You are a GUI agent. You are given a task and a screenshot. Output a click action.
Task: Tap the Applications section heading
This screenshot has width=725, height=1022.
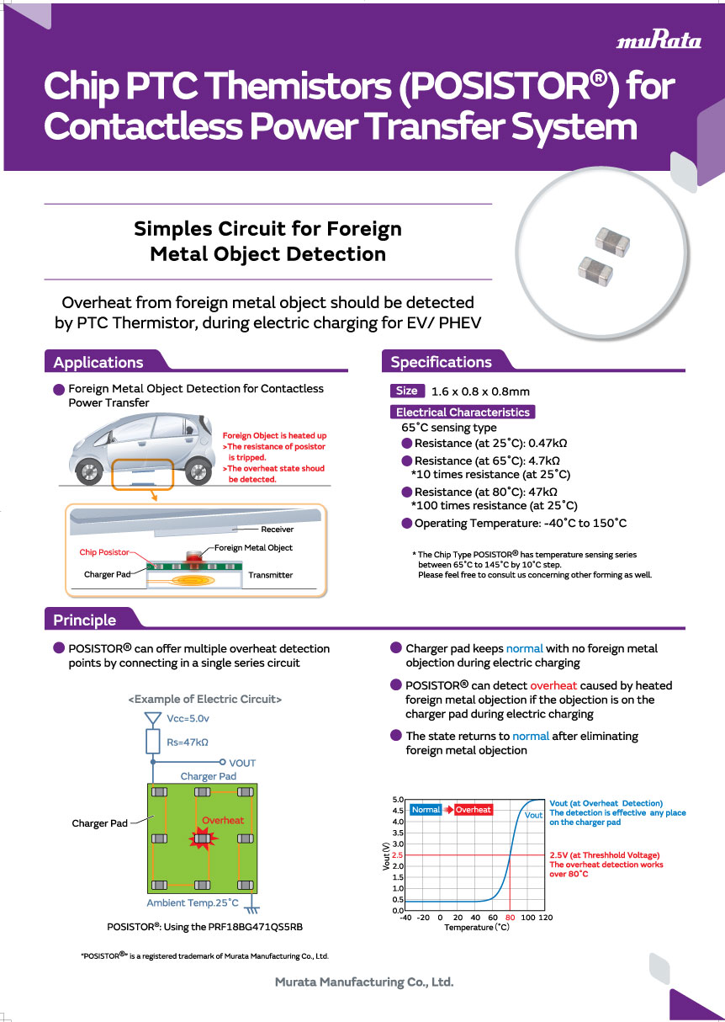point(98,362)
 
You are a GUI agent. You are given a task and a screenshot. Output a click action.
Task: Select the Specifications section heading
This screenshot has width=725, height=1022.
point(441,362)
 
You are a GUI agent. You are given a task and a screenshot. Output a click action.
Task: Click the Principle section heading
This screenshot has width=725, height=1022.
point(84,620)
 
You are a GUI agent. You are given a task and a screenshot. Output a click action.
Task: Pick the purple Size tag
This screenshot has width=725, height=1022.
point(407,391)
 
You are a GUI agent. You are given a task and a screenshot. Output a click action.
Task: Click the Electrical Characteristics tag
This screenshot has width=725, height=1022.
point(463,412)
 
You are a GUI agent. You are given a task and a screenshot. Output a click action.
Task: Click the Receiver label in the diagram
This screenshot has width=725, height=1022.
point(277,530)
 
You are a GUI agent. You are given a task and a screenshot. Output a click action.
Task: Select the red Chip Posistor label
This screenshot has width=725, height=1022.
point(104,552)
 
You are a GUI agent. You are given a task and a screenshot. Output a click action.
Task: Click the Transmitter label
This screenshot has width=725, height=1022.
point(270,575)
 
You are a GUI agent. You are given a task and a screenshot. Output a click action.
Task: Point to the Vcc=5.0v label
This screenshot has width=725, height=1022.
point(188,719)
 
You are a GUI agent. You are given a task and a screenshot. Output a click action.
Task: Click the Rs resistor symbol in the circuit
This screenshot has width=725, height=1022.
point(153,742)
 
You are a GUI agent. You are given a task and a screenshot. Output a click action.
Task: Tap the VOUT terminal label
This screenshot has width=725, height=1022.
point(242,764)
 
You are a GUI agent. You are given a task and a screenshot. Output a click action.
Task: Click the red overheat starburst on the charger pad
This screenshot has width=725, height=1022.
point(203,838)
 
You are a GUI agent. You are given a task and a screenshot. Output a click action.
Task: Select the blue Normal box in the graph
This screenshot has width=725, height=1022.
point(426,809)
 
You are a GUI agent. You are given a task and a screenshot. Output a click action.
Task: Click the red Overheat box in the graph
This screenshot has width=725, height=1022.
point(473,809)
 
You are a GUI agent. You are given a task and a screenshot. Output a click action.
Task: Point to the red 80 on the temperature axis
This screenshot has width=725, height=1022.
point(510,918)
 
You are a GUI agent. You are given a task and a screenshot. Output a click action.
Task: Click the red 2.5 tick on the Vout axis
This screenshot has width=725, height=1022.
point(397,855)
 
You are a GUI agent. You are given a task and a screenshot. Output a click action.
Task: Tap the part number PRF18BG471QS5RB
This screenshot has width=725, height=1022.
point(255,927)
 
